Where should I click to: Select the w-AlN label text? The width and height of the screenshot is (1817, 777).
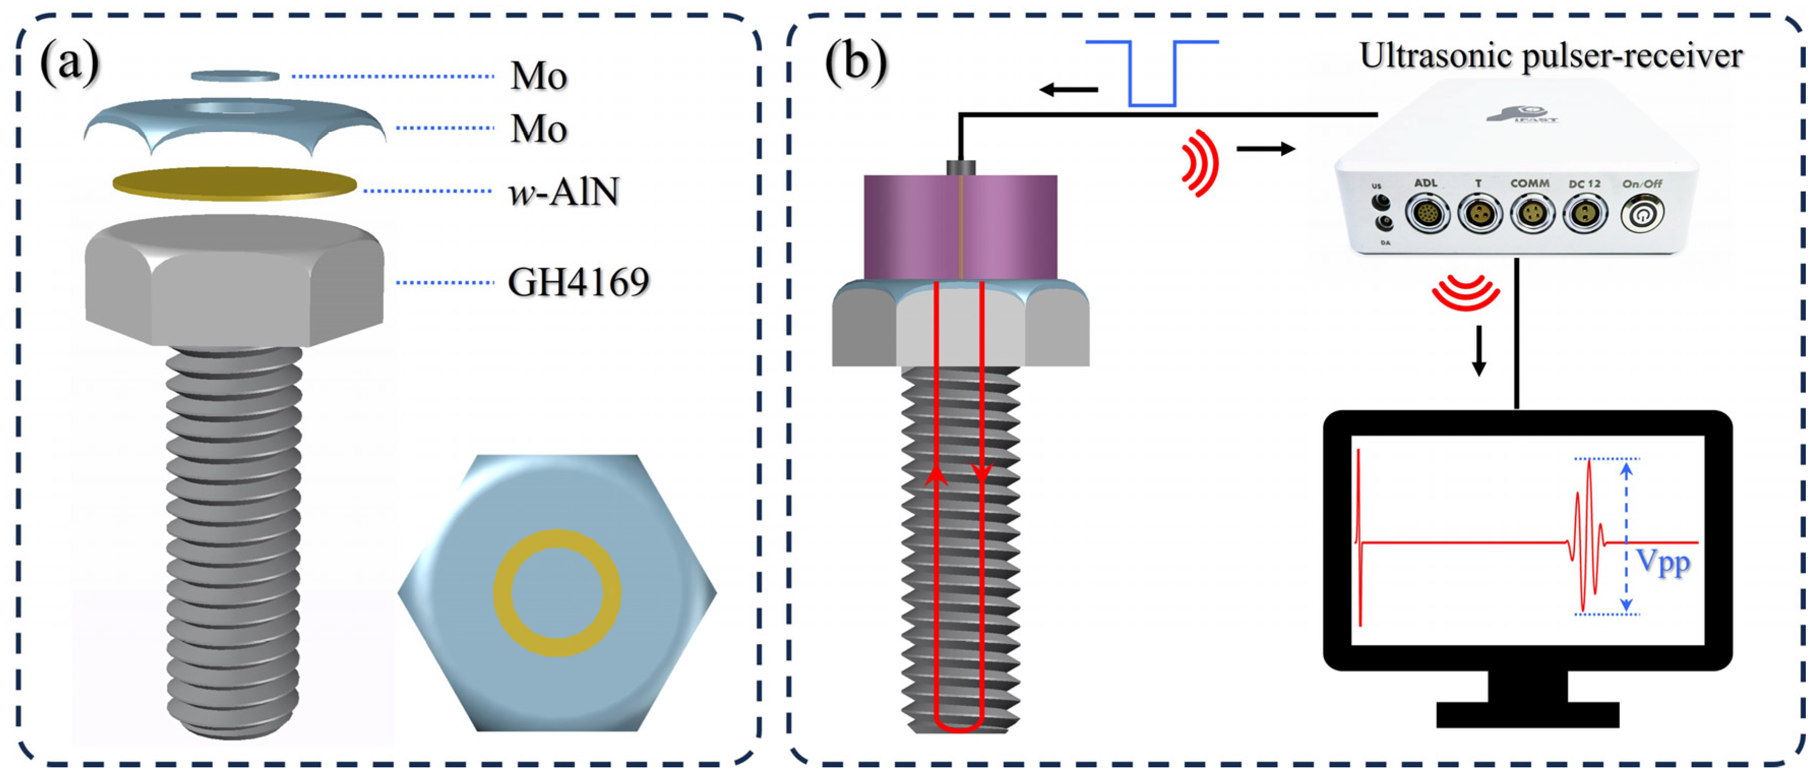coord(564,192)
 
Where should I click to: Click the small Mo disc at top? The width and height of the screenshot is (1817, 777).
coord(235,75)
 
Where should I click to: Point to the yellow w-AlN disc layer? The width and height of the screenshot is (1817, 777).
coord(234,184)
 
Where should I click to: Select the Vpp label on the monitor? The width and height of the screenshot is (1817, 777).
coord(1663,562)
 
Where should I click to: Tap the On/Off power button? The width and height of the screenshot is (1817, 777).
coord(1642,213)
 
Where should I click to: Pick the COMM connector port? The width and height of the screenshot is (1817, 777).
coord(1532,213)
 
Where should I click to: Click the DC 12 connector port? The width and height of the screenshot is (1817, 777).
coord(1585,213)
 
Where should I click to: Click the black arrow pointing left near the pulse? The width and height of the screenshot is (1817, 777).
coord(1069,89)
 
